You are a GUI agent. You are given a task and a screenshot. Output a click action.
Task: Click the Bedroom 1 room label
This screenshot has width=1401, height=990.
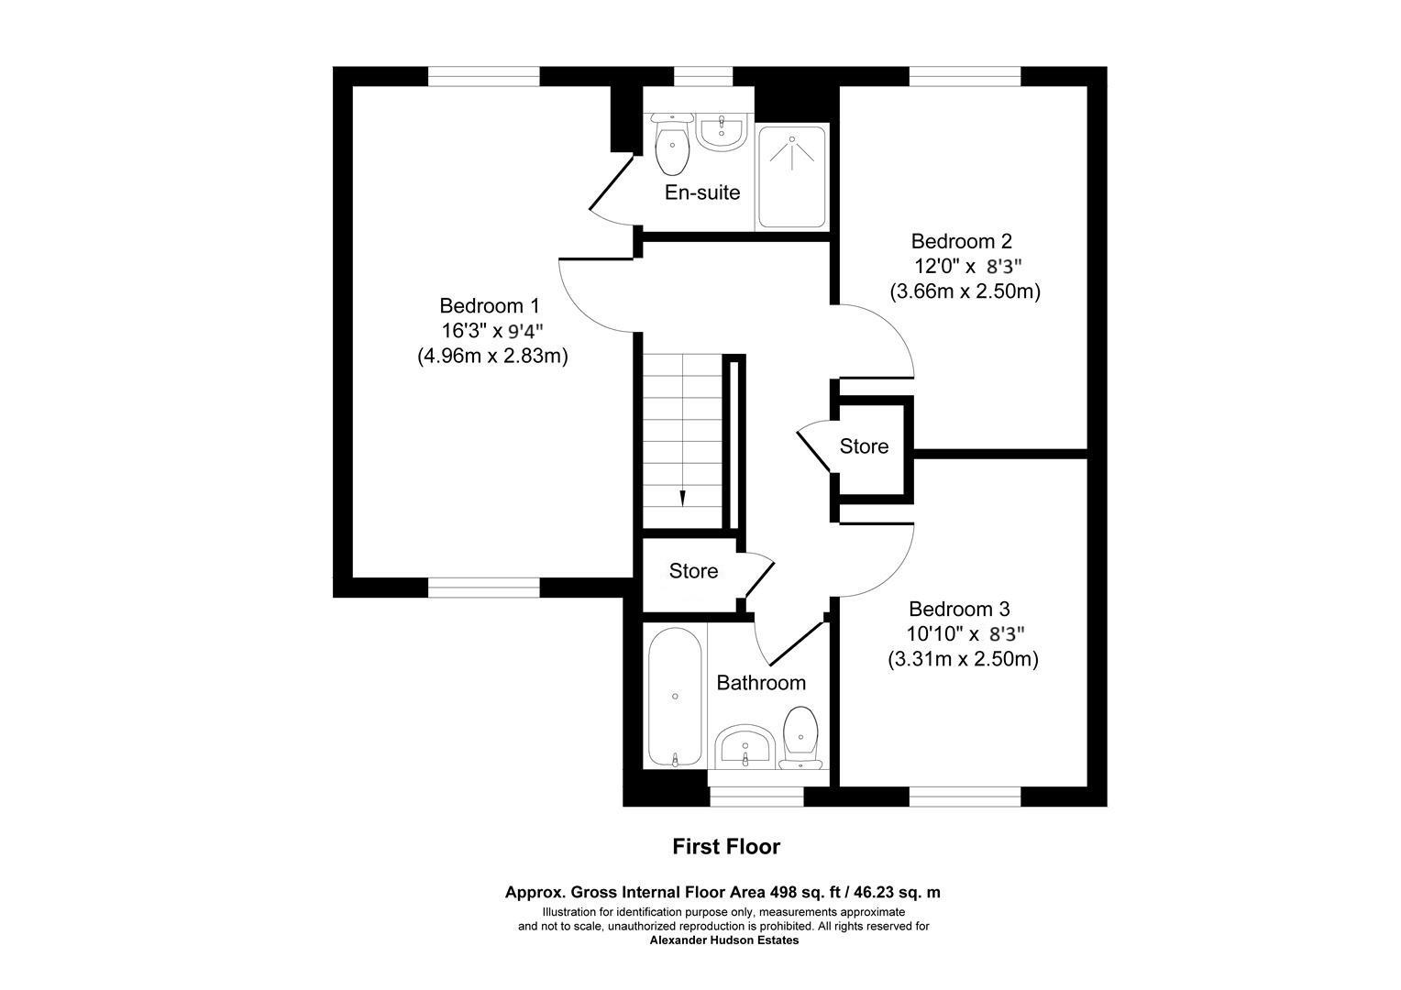(490, 305)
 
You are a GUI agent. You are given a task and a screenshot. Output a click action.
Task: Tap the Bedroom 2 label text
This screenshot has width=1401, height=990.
(961, 241)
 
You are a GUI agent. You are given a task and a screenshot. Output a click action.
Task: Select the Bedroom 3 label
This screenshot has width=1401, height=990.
(959, 609)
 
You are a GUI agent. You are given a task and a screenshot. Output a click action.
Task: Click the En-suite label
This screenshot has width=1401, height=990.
(701, 192)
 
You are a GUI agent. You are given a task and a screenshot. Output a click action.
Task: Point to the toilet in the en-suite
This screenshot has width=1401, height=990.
(673, 147)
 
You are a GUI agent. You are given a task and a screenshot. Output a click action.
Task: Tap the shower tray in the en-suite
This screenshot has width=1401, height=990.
(792, 177)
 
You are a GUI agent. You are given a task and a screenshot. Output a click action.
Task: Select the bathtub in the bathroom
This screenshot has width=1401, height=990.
(675, 698)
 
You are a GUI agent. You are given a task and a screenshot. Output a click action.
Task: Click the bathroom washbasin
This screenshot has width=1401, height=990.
(745, 747)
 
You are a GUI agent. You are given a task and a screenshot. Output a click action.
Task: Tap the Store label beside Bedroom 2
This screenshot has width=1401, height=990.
(864, 446)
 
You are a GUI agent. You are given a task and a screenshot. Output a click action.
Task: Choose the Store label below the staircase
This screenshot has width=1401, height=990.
(693, 571)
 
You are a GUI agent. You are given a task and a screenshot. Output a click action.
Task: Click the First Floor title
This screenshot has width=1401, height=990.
(726, 846)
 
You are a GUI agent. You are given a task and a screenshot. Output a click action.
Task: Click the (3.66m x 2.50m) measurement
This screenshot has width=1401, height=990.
(965, 291)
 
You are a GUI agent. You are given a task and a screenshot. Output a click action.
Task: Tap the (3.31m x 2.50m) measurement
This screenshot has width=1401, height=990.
(963, 658)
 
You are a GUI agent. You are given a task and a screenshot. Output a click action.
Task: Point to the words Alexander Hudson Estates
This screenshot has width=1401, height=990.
(724, 940)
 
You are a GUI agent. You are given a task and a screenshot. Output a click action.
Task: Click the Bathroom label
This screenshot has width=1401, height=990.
(761, 683)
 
